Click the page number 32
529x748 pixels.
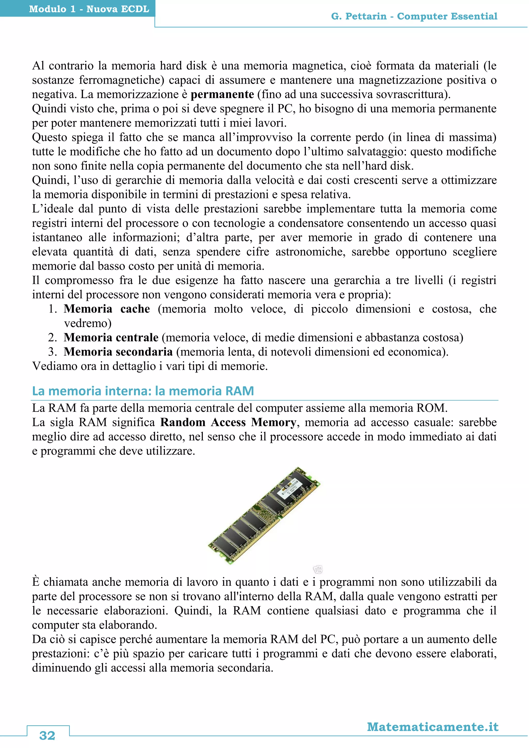click(47, 735)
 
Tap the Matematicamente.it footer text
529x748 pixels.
click(433, 727)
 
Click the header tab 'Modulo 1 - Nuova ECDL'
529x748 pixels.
click(89, 9)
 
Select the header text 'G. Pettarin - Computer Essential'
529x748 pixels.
click(414, 16)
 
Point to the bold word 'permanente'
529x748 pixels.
click(222, 95)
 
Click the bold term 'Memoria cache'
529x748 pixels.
click(107, 309)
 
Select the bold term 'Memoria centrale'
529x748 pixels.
click(111, 338)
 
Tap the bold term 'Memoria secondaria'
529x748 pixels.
click(118, 352)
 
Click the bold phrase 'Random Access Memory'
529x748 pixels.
click(228, 423)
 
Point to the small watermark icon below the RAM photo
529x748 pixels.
click(318, 570)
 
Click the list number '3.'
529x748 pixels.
click(53, 352)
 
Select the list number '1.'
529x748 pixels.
click(53, 309)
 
